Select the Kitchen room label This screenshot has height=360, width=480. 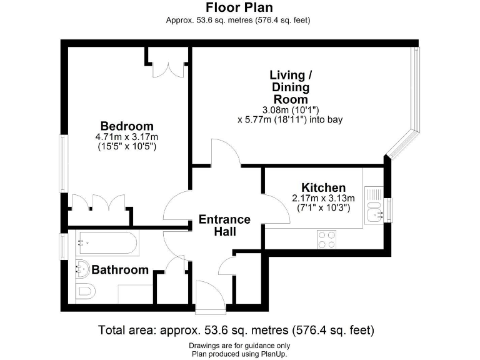[x=323, y=187]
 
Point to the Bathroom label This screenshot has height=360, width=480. [x=120, y=270]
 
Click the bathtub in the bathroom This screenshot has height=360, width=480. [x=106, y=243]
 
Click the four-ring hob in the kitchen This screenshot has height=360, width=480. [x=327, y=239]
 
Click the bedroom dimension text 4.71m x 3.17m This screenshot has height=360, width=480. [x=126, y=137]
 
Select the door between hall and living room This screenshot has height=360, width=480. [x=226, y=154]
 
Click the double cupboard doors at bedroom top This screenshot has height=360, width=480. [x=169, y=69]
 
